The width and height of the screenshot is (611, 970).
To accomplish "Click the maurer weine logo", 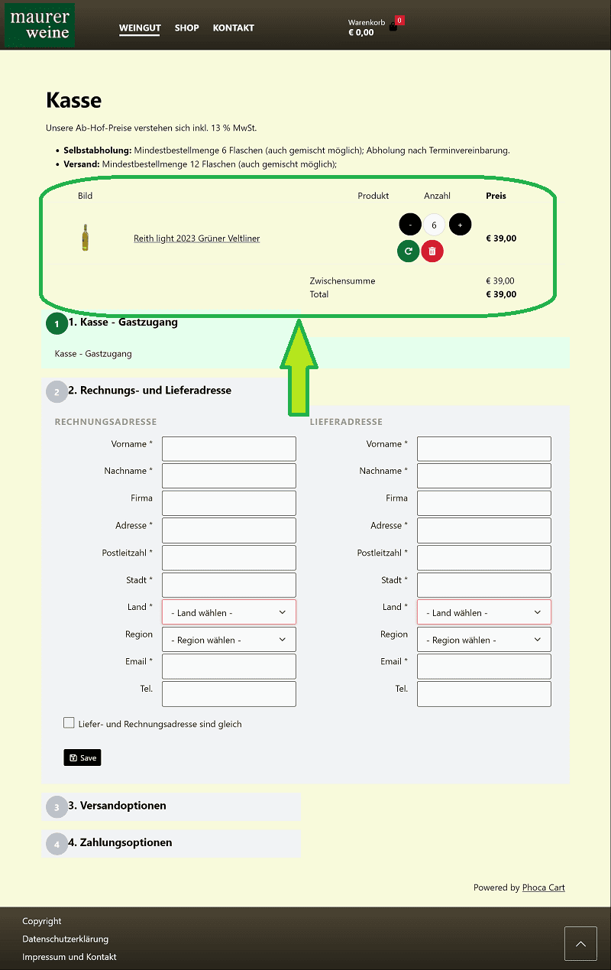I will click(40, 24).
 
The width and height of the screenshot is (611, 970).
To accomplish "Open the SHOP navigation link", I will click(186, 28).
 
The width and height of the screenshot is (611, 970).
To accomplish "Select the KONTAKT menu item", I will click(233, 28).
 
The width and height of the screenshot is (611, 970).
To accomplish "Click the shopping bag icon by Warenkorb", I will click(393, 27).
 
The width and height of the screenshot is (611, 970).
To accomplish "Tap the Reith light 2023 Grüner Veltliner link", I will click(196, 238).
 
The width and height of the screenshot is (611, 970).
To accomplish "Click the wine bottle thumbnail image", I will click(86, 238).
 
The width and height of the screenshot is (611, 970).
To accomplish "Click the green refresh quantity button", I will click(409, 251).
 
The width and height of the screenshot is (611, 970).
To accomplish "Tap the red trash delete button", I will click(432, 251).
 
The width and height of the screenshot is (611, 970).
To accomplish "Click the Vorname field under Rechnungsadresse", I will click(228, 449).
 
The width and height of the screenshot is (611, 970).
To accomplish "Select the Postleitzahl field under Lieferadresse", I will click(483, 557).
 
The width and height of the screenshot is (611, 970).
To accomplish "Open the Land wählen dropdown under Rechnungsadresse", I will click(228, 612).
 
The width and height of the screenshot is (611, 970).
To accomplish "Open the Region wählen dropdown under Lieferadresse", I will click(483, 640).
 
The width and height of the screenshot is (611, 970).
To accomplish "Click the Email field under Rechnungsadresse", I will click(228, 667).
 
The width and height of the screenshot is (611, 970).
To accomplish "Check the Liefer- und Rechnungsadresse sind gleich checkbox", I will click(70, 723).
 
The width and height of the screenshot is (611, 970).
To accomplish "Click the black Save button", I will click(82, 758).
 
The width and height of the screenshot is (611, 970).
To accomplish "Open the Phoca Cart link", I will click(543, 887).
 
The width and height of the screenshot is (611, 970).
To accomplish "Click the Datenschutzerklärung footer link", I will click(65, 939).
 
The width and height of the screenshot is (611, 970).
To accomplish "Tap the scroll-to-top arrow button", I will click(580, 943).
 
